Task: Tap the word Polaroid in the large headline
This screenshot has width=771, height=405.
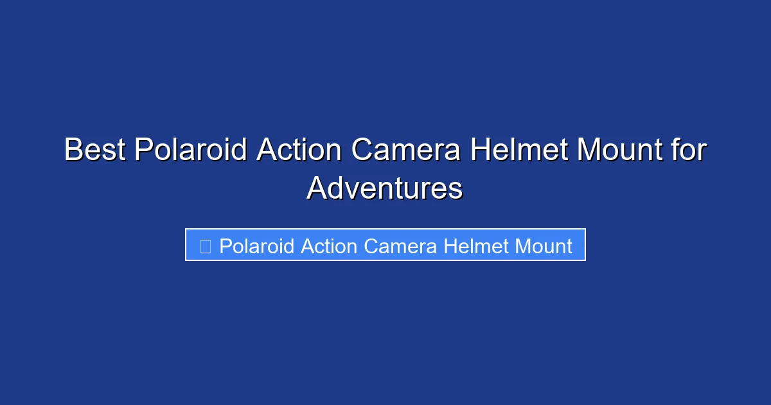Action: (191, 150)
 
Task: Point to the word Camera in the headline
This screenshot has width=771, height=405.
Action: (406, 150)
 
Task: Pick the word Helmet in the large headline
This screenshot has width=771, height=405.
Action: (519, 150)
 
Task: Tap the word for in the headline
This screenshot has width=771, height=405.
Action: (690, 150)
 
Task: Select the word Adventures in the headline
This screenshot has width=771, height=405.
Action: (384, 189)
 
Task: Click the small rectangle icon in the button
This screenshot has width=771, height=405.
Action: (206, 246)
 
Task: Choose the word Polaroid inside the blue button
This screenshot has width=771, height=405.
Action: (256, 246)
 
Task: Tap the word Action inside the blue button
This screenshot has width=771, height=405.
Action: (328, 246)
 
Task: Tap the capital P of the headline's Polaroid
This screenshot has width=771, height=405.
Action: (143, 150)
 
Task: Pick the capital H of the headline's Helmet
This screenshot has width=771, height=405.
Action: (479, 150)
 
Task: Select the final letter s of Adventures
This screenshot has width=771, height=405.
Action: (456, 191)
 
